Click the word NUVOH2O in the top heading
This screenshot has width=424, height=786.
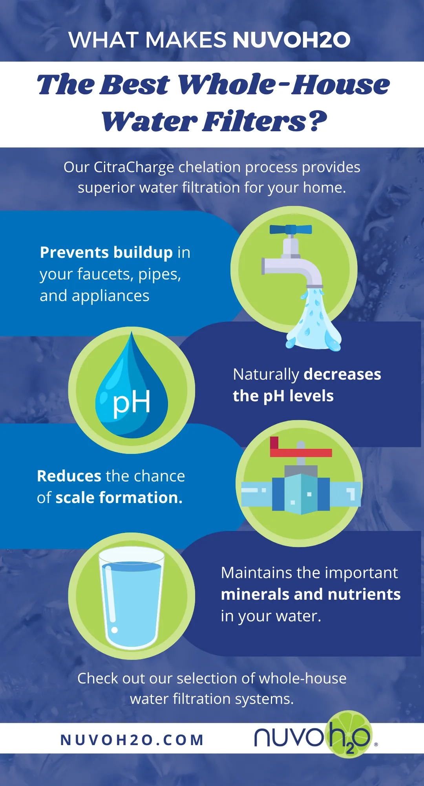coord(291,40)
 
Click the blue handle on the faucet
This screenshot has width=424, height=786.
coord(291,229)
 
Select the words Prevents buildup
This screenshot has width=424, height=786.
coord(106,253)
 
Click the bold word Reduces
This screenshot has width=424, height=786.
coord(69,476)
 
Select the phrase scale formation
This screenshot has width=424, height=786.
coord(119,498)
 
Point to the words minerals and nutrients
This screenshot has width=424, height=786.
coord(311,594)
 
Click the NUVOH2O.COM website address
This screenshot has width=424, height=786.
coord(132,740)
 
